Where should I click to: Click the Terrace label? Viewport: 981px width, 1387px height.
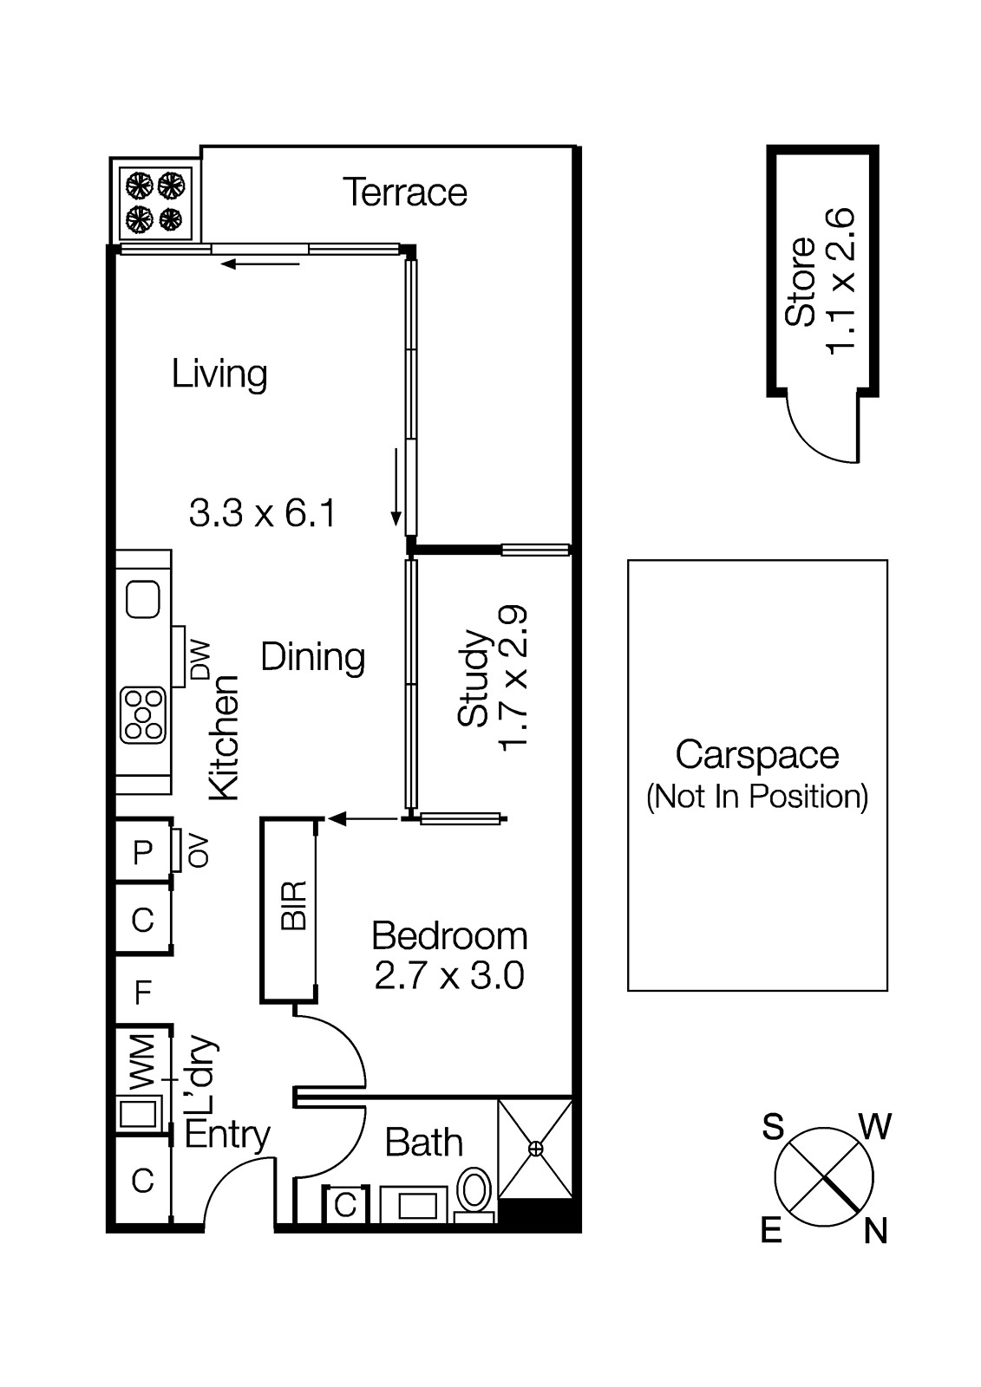(404, 192)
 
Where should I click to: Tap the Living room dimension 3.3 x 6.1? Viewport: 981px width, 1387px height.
(262, 512)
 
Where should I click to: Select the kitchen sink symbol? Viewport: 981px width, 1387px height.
(143, 599)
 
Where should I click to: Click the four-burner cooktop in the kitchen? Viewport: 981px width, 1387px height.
(143, 715)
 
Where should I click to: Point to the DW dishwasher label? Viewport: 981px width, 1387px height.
(200, 660)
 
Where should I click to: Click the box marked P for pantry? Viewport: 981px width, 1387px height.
(142, 853)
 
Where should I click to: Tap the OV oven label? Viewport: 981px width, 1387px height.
(199, 850)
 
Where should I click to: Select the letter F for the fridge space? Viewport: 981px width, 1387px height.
(143, 992)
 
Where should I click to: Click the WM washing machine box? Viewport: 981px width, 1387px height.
(142, 1061)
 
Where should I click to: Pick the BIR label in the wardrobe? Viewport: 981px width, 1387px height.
(295, 906)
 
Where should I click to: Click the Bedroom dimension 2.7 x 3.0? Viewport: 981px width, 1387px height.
(449, 976)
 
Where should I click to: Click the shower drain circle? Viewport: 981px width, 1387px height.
(535, 1149)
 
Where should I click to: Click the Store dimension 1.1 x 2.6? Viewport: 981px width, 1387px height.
(840, 281)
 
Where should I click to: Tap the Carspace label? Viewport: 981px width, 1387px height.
(756, 755)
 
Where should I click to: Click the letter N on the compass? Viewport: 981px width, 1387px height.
(876, 1231)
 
